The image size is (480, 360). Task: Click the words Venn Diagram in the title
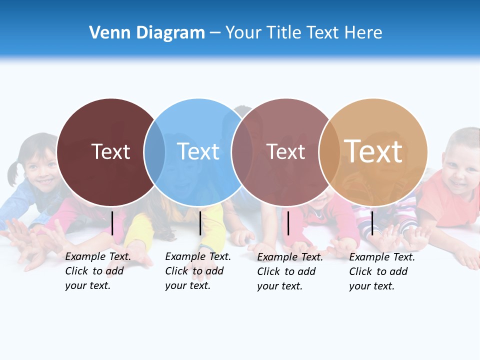pos(147,33)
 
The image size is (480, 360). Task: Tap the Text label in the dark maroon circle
pos(110,151)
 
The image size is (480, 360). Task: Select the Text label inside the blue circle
pos(198,151)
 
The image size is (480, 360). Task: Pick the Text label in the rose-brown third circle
pos(285,151)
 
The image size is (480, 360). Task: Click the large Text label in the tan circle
pos(373,151)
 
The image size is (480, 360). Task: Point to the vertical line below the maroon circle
pos(112,223)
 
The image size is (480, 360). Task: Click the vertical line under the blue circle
pos(200,223)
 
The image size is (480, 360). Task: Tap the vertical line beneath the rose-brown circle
pos(288,223)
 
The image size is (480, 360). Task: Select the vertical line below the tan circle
pos(372,223)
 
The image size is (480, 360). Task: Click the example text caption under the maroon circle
pos(98,271)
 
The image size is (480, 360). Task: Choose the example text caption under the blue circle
pos(198,271)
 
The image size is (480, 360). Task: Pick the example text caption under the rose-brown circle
pos(290,271)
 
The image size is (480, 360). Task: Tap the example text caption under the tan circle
pos(382,271)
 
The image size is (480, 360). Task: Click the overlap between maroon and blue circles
pos(154,152)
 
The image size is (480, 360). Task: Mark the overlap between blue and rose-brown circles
pos(242,152)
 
